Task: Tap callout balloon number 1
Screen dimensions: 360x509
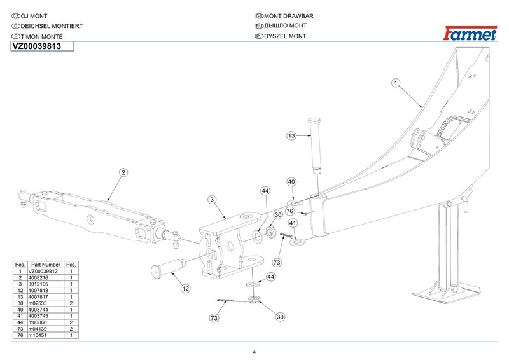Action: tap(395, 83)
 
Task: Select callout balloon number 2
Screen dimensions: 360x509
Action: tap(124, 172)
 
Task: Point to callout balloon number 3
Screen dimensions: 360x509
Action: tap(213, 200)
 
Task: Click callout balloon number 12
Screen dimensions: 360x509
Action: tap(185, 288)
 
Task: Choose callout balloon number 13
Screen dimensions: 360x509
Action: tap(291, 135)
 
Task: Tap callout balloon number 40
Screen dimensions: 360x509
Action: tap(291, 182)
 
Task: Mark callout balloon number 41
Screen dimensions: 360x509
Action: tap(293, 223)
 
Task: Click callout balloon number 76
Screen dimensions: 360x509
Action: tap(289, 211)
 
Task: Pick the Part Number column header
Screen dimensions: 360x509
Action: tap(46, 264)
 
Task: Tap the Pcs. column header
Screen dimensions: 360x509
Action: tap(71, 264)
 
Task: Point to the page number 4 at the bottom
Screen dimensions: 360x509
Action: tap(254, 353)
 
